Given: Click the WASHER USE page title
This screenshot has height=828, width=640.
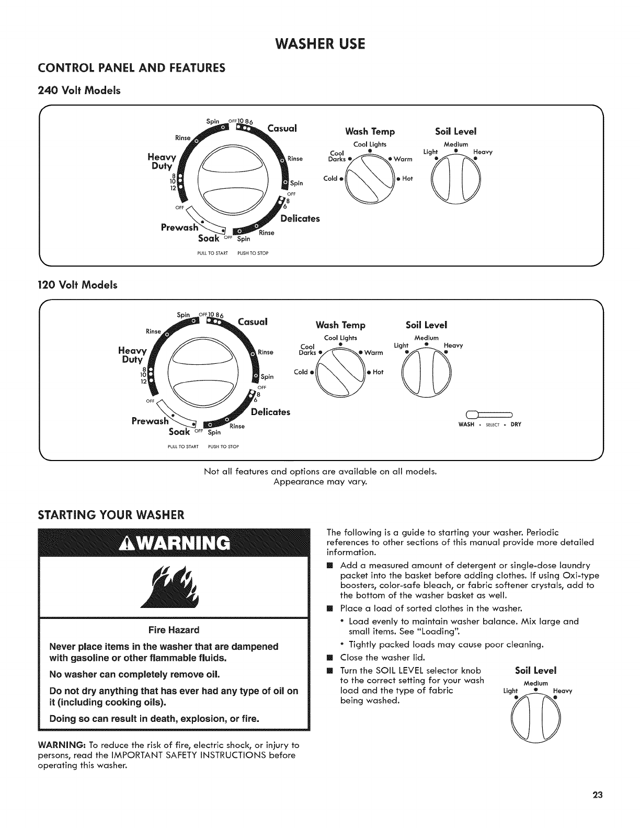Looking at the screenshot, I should [319, 43].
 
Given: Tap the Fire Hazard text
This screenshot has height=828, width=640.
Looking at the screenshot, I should [174, 629].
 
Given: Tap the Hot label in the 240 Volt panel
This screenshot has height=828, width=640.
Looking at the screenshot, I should [407, 178].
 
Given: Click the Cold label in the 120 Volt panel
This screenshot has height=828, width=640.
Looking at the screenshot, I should [301, 372].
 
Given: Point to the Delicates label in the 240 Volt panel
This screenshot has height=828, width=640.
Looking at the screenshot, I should [300, 218].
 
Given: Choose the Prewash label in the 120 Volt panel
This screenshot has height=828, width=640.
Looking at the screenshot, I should [151, 420].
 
